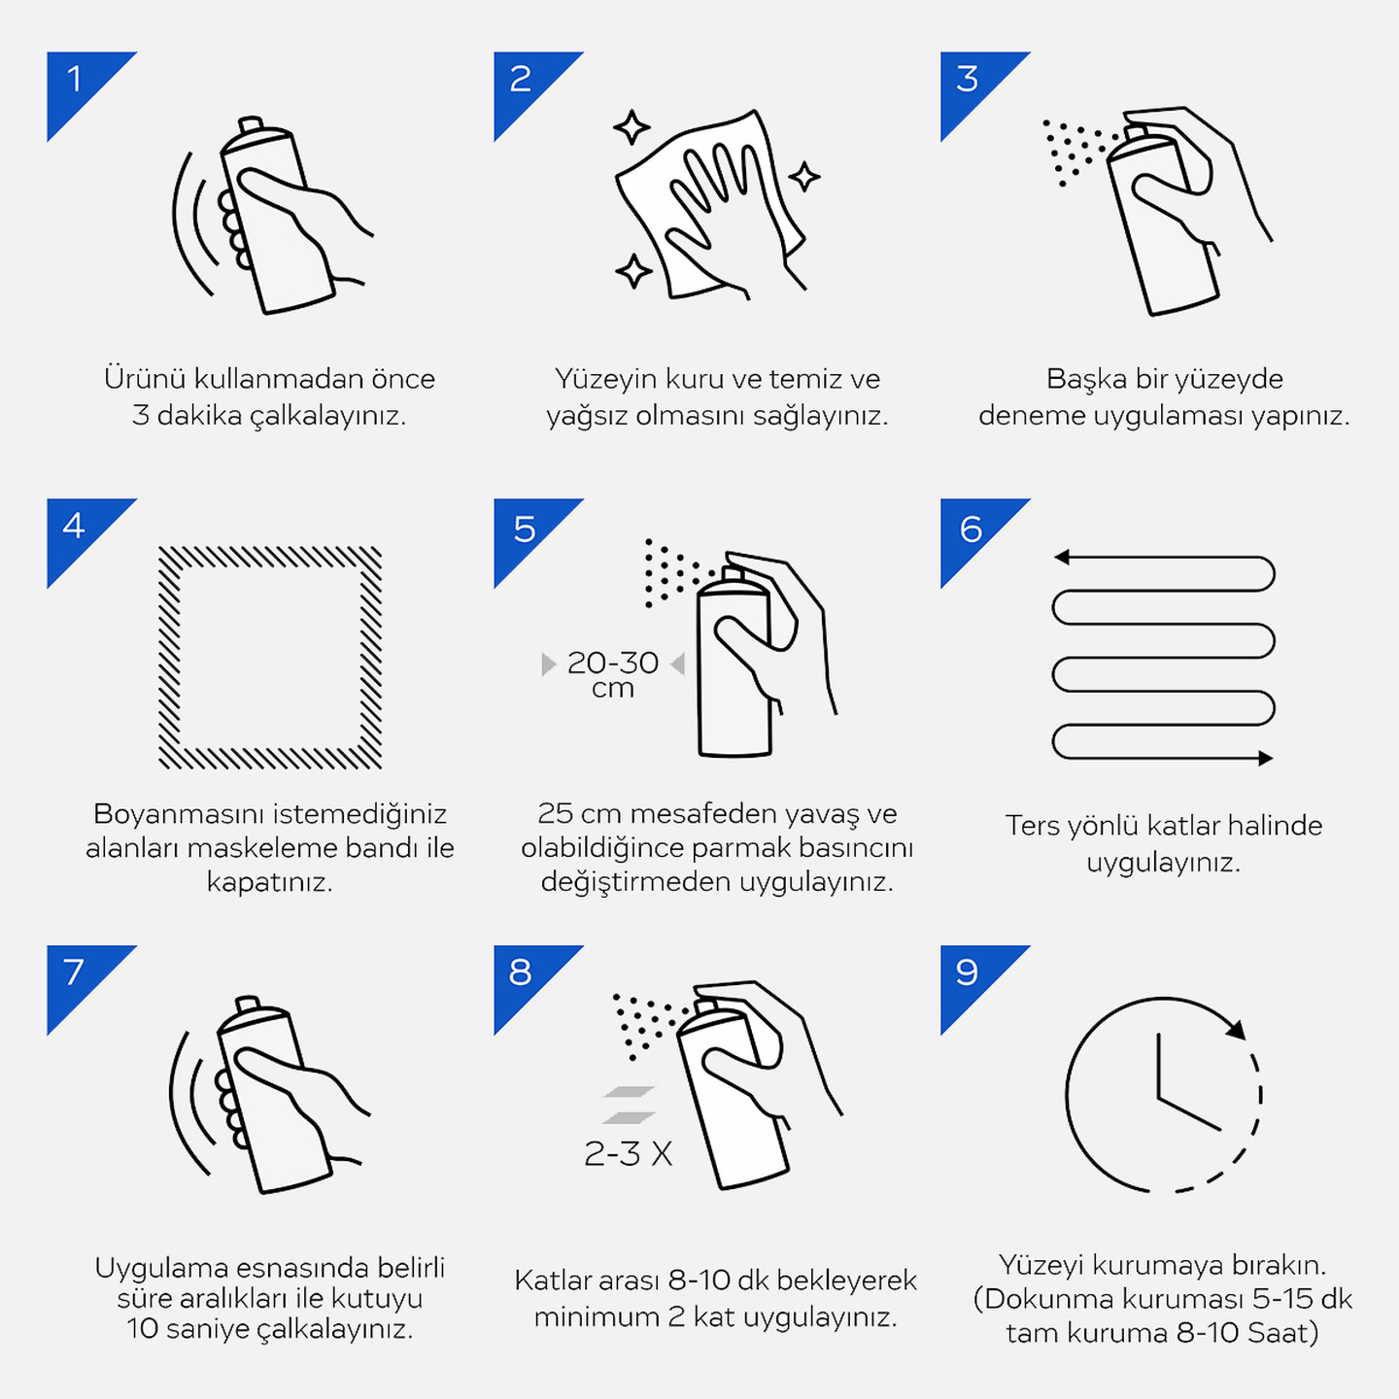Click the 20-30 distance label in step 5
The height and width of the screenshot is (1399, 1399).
tap(612, 663)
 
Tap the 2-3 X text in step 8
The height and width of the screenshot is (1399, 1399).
tap(628, 1153)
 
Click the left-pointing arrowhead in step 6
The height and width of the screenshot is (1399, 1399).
tap(1062, 557)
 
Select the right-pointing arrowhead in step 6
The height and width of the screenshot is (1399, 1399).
tap(1266, 758)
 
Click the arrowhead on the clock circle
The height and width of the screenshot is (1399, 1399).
tap(1237, 1029)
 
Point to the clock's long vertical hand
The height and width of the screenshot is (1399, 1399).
tap(1159, 1066)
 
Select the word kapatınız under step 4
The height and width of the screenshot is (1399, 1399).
tap(270, 883)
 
